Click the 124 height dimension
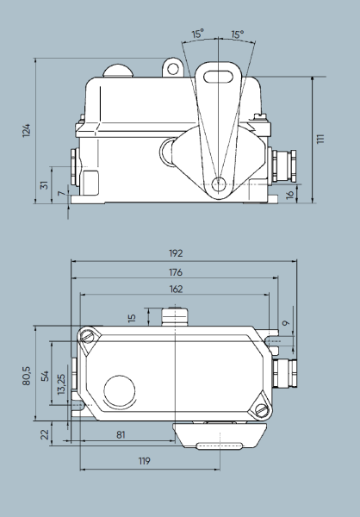27,129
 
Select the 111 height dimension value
320,139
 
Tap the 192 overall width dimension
176,253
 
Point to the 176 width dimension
176,271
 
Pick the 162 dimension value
176,290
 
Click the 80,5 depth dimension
27,376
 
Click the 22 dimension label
46,433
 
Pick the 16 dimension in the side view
289,194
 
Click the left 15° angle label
198,34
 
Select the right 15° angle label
237,34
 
